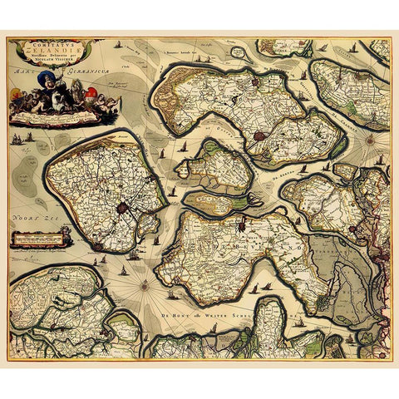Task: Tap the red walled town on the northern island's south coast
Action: [x=258, y=134]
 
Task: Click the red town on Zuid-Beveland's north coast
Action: [x=241, y=224]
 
